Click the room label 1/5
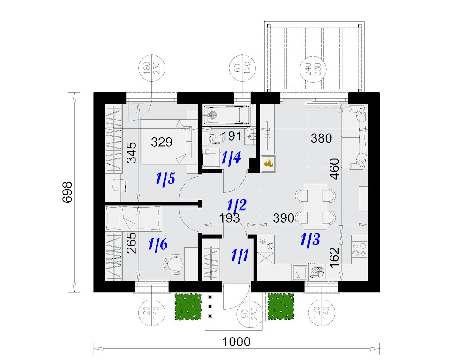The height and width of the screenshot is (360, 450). click(165, 179)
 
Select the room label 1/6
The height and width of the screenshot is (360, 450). click(158, 245)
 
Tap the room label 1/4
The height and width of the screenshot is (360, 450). click(231, 157)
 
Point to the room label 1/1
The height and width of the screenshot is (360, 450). click(240, 255)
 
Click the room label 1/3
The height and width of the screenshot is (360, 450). click(310, 239)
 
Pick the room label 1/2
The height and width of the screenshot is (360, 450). click(237, 205)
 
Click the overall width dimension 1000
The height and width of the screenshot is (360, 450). click(236, 342)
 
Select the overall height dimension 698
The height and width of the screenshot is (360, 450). click(67, 192)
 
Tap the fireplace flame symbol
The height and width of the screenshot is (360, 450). click(269, 163)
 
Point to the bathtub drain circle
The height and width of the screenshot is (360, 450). click(213, 115)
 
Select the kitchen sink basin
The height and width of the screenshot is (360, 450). click(300, 272)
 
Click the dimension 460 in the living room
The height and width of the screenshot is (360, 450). click(335, 169)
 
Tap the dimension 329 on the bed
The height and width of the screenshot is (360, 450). click(162, 142)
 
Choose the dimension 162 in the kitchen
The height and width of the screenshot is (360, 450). click(335, 258)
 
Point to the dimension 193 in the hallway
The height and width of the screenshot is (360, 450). click(229, 218)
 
